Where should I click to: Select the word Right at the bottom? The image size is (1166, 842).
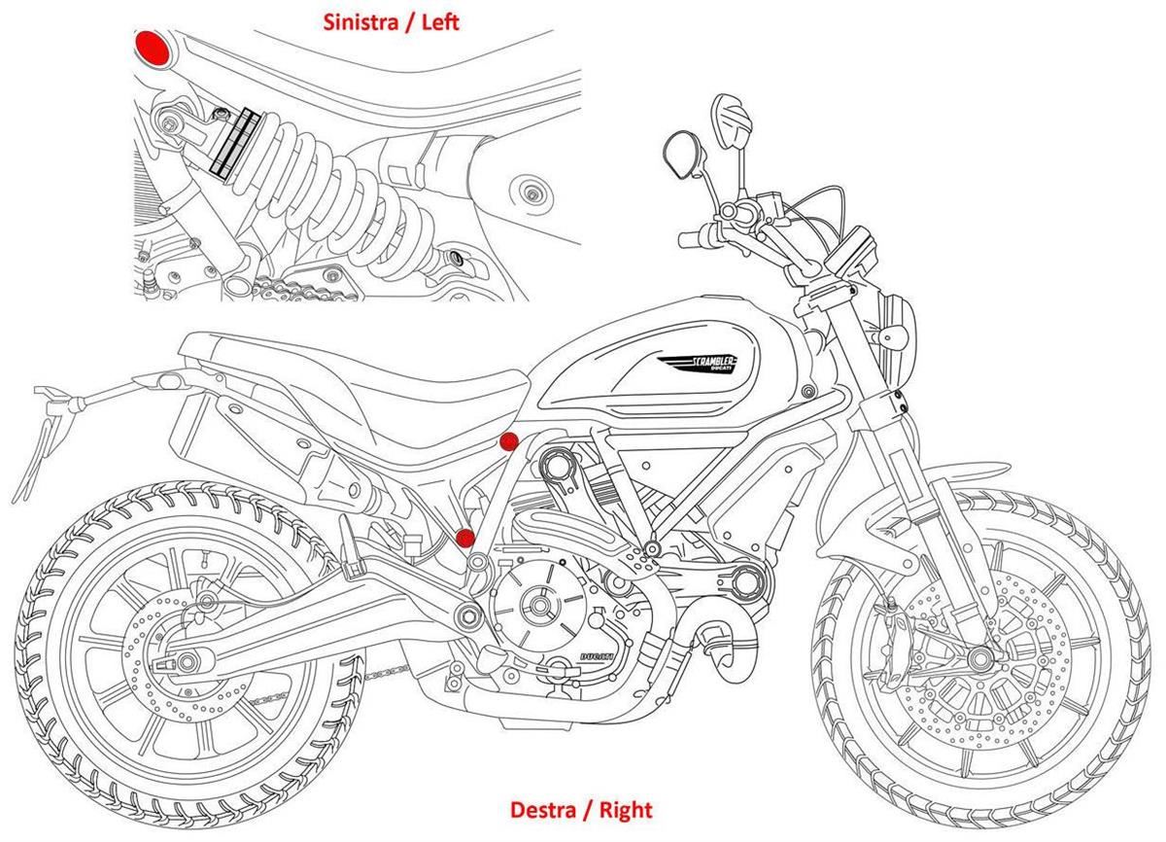click(x=626, y=809)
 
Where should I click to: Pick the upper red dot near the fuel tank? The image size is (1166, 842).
click(x=507, y=442)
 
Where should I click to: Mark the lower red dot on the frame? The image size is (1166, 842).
click(x=465, y=538)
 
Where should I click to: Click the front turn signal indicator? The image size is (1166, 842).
click(x=886, y=335)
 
